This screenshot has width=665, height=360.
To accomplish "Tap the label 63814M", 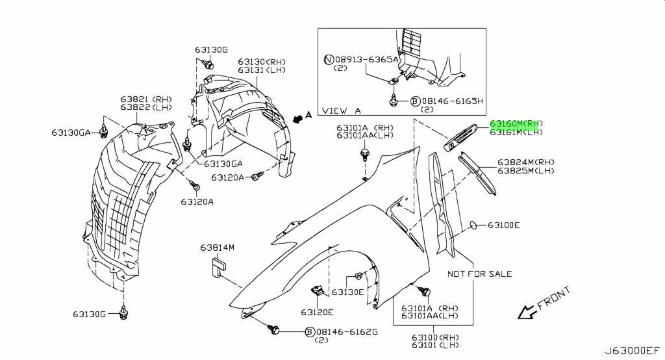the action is point(217,247).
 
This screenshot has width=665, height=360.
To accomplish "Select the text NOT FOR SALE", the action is point(480,274).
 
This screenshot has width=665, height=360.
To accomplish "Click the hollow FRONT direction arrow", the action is point(526,312).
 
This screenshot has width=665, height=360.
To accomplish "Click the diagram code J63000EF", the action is point(632,351).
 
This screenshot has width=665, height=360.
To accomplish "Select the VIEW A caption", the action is point(342,110).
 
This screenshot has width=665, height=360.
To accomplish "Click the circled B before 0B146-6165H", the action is point(415,101).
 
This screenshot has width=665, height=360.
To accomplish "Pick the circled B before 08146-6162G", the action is point(310,331).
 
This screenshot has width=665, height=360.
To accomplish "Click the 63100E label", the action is point(503,225).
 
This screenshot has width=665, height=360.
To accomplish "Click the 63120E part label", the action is point(317,313).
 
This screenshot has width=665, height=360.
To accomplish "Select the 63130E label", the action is point(347,292).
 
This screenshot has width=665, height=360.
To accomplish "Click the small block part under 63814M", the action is point(219,266).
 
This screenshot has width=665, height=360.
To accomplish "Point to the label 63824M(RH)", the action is point(526,162).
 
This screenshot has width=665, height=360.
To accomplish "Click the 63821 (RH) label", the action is point(146,99).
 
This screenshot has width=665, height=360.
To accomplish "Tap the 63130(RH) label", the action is point(261,62).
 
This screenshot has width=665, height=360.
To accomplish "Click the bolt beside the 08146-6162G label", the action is point(274,329).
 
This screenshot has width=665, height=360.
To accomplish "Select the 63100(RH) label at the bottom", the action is point(435,337).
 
